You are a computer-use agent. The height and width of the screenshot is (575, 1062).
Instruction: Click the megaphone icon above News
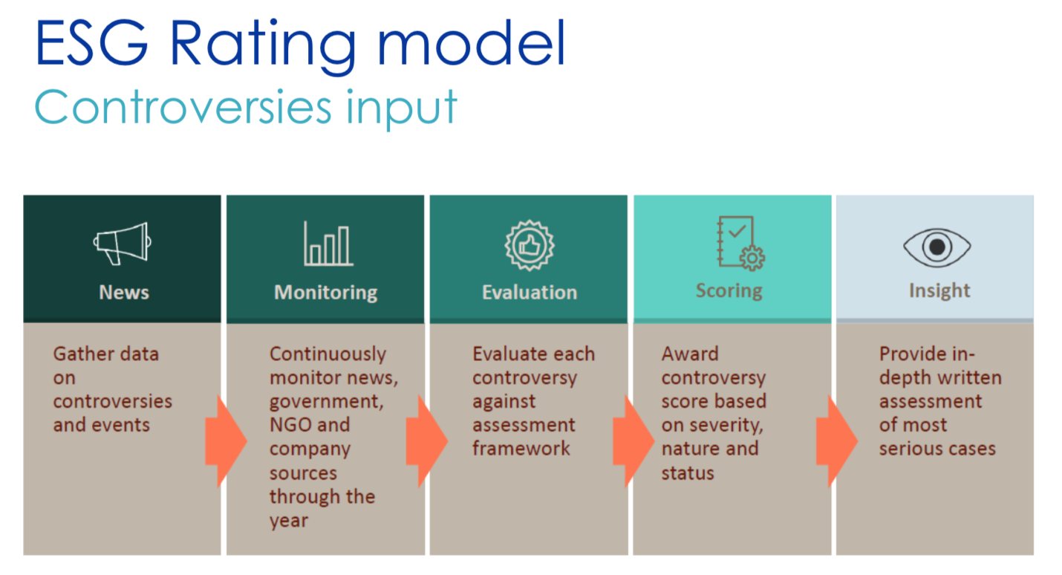(x=123, y=244)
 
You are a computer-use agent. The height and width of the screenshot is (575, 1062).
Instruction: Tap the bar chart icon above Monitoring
(x=328, y=244)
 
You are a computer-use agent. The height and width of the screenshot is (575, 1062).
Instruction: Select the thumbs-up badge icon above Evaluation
(x=530, y=245)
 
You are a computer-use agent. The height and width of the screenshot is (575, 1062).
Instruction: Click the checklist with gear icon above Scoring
(x=740, y=243)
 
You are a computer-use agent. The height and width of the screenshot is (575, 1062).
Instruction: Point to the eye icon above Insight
(x=936, y=247)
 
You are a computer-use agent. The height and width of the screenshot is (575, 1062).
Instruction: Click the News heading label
(x=124, y=292)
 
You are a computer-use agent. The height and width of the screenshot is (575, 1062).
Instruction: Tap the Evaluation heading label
(x=530, y=292)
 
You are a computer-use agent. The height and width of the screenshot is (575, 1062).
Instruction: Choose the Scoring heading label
(x=729, y=291)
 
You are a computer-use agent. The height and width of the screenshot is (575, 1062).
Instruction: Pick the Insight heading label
(x=939, y=290)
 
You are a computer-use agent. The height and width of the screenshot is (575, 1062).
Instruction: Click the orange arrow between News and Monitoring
(x=227, y=441)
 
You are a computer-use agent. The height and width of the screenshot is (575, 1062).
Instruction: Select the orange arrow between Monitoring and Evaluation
(x=427, y=441)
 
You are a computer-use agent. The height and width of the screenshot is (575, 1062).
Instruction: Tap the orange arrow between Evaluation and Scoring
(x=633, y=441)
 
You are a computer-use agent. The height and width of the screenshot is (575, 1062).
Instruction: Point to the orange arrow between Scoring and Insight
(x=837, y=441)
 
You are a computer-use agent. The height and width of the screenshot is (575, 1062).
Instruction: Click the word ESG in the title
(x=91, y=42)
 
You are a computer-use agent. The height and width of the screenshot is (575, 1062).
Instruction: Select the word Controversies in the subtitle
(x=183, y=107)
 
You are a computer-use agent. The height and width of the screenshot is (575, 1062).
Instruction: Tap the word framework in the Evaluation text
(x=521, y=448)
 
